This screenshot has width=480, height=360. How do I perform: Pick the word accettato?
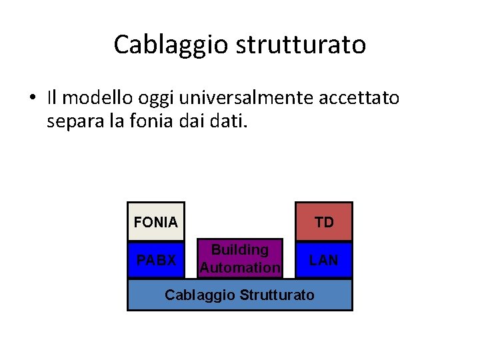[363, 98]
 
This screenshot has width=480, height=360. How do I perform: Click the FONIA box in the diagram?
[156, 222]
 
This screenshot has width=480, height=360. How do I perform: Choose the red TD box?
[324, 222]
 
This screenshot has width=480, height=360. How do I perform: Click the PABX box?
[156, 260]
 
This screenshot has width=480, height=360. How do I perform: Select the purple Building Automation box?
[240, 259]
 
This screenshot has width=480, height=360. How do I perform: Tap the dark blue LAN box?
[324, 260]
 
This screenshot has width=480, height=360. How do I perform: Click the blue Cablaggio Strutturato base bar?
[240, 295]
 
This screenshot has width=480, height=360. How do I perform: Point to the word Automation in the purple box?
[240, 268]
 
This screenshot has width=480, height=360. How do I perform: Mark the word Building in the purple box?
[240, 250]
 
